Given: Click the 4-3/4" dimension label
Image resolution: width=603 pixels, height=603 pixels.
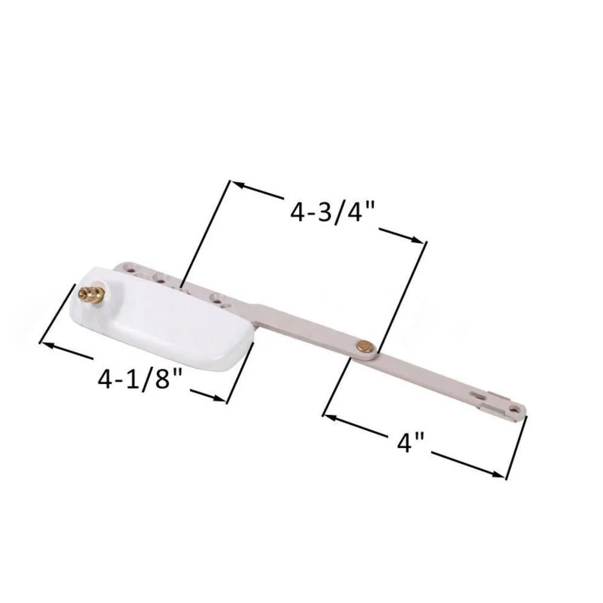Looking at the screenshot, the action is tap(332, 212).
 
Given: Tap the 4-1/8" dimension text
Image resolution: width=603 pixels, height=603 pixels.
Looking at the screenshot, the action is tap(139, 379).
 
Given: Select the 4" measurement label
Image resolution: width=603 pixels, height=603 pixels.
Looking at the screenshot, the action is tap(411, 442).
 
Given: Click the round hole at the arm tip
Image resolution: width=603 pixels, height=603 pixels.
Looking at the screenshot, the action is tap(514, 410).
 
